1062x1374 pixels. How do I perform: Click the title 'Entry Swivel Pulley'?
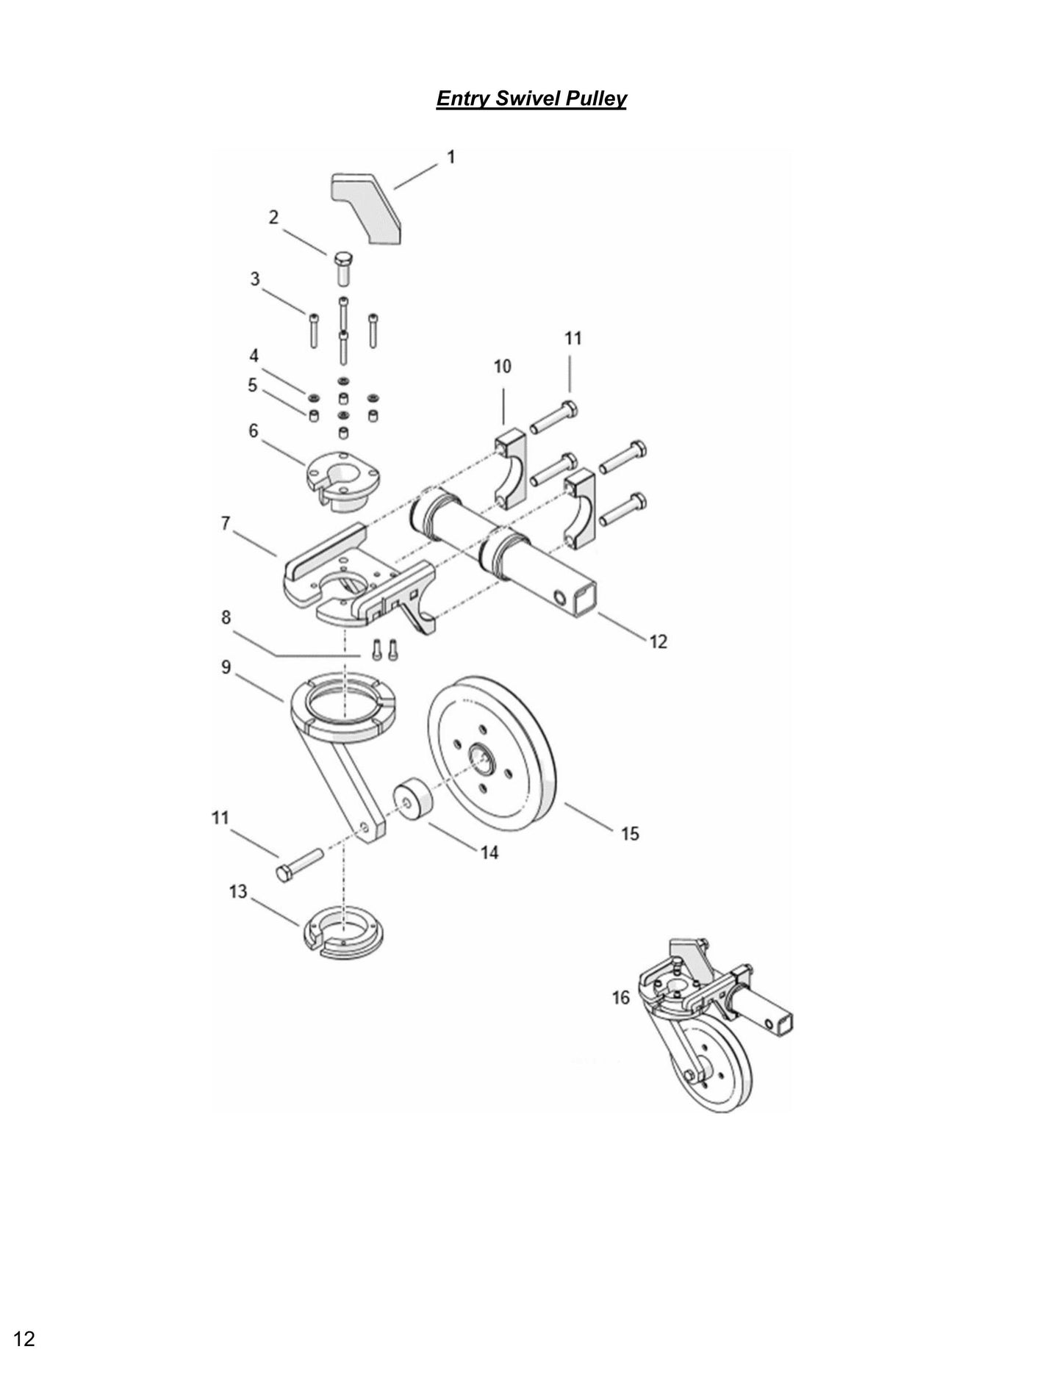531,98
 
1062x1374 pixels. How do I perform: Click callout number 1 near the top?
451,157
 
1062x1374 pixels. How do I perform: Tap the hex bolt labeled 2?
343,269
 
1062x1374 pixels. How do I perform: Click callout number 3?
255,279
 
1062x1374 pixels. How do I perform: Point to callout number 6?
254,431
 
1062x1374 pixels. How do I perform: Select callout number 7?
226,523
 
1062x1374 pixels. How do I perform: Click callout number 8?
226,618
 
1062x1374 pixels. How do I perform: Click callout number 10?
502,366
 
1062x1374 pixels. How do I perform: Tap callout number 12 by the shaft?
658,641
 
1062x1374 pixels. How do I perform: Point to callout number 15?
630,833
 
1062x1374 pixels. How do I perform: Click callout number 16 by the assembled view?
621,997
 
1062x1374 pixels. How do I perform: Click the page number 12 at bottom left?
24,1339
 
